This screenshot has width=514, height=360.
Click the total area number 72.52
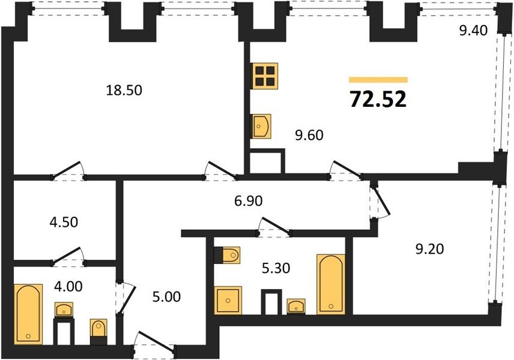click(x=378, y=99)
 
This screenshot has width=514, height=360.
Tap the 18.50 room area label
click(x=124, y=90)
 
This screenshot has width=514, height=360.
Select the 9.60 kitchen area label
click(x=309, y=135)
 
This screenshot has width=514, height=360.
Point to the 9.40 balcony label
click(x=473, y=31)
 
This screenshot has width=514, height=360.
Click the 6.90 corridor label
click(x=249, y=200)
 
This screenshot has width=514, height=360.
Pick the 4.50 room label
click(x=64, y=222)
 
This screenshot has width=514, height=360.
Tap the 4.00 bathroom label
click(x=68, y=287)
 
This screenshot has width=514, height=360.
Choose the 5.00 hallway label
click(x=166, y=297)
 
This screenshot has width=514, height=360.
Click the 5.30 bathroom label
click(x=276, y=268)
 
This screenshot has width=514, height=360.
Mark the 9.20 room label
click(x=429, y=249)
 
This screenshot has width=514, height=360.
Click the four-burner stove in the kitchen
click(x=265, y=76)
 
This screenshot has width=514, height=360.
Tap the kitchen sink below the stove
click(x=261, y=126)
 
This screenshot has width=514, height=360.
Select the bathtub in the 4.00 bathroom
click(x=28, y=314)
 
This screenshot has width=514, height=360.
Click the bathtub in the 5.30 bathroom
click(x=331, y=284)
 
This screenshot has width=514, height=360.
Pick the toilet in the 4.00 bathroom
click(x=98, y=332)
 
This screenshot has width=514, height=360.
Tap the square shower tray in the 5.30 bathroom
click(x=228, y=301)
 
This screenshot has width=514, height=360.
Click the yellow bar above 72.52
click(x=378, y=80)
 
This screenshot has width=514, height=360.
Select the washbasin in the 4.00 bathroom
click(x=64, y=310)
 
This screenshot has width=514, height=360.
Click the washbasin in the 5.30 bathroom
click(x=296, y=306)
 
